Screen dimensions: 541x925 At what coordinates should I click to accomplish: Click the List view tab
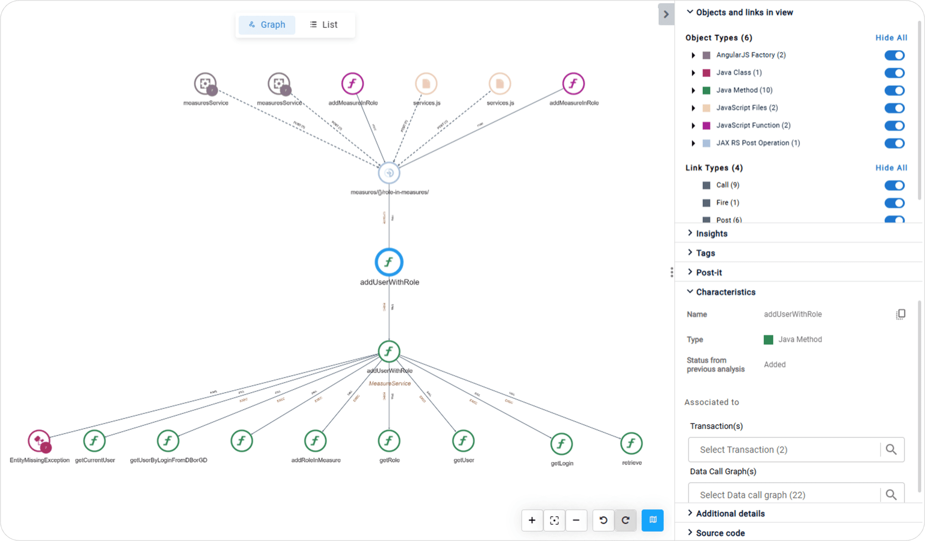click(324, 25)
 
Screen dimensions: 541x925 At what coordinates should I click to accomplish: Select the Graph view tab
click(267, 25)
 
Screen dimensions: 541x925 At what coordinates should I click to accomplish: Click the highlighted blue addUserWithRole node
click(389, 262)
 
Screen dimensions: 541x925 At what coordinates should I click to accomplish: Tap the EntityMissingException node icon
click(39, 441)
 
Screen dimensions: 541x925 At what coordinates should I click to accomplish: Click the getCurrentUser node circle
click(95, 441)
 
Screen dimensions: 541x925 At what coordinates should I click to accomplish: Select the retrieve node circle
click(631, 443)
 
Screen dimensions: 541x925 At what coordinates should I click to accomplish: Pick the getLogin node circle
click(561, 444)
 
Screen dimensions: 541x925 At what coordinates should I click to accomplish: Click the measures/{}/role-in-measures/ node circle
click(389, 173)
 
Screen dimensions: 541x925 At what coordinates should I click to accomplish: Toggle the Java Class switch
click(894, 73)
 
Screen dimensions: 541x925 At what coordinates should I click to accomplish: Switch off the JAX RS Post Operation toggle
click(894, 143)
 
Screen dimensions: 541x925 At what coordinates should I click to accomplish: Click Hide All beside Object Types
click(891, 38)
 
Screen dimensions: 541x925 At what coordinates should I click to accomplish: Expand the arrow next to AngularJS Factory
click(693, 55)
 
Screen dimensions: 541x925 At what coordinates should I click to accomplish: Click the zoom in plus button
click(532, 520)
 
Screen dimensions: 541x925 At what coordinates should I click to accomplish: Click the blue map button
click(653, 520)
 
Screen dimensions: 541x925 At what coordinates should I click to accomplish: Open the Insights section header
click(711, 234)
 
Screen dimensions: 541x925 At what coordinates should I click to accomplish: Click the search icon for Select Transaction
click(891, 450)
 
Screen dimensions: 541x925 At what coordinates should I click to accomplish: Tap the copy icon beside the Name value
click(900, 314)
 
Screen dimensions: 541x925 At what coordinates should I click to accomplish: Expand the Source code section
click(720, 533)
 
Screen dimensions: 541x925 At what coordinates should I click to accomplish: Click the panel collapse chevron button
click(666, 14)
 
